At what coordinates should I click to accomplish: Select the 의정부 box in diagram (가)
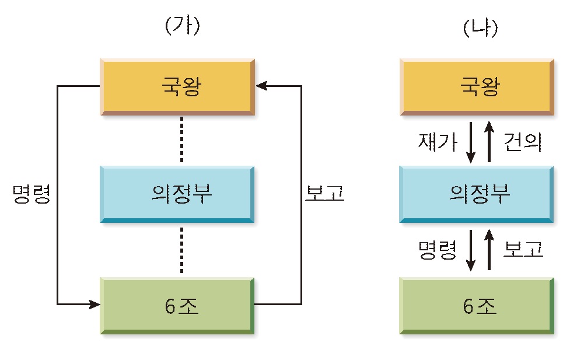[177, 195]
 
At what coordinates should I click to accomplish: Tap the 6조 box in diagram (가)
[177, 306]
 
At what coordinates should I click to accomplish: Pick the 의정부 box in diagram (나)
[477, 195]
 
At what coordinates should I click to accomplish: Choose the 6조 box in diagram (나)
[477, 306]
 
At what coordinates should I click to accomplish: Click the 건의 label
[523, 141]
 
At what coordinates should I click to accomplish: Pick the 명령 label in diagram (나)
[437, 250]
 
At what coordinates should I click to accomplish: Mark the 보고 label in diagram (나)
[523, 250]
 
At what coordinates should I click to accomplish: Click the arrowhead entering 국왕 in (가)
[261, 86]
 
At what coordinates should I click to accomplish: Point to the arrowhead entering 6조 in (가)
[94, 304]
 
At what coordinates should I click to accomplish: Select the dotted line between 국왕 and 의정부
[182, 140]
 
